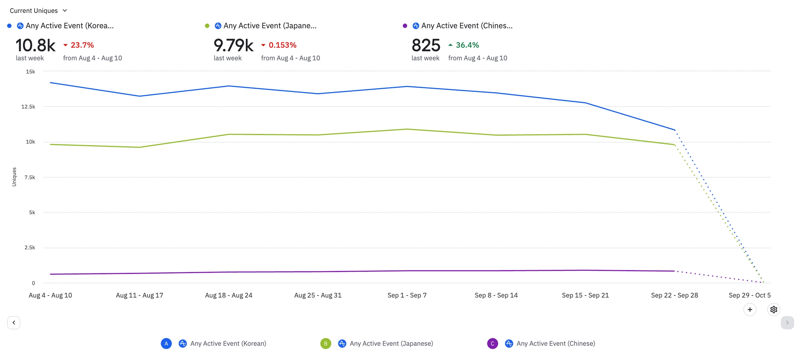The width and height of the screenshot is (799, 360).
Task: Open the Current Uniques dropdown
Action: tap(38, 11)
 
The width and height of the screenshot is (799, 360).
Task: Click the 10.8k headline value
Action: tap(36, 45)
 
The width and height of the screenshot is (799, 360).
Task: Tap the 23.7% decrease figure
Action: tap(82, 45)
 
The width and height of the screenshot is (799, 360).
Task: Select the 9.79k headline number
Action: tap(233, 45)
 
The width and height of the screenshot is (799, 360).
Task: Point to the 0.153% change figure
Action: tap(282, 45)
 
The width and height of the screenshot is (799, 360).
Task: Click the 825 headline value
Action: tap(426, 45)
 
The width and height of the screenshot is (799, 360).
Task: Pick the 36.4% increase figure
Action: tap(467, 45)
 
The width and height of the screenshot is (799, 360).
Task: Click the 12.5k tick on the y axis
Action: tap(28, 107)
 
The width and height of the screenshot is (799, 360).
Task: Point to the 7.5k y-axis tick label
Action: tap(30, 177)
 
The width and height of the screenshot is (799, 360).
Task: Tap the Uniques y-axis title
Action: tap(14, 177)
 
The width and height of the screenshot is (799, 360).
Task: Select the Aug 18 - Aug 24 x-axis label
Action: tap(229, 295)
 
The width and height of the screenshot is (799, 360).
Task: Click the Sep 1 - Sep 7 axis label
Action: tap(407, 295)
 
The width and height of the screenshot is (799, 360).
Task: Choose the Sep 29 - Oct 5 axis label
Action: tap(749, 295)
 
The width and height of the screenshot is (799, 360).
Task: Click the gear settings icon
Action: tap(774, 310)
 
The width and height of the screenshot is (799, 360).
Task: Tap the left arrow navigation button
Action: tap(14, 323)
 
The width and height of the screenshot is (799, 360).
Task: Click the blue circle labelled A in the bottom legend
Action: tap(166, 344)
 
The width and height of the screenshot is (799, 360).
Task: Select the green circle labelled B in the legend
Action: tap(326, 344)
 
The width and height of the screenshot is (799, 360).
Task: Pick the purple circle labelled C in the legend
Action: tap(492, 344)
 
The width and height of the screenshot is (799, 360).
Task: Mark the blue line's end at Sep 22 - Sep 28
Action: tap(675, 130)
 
